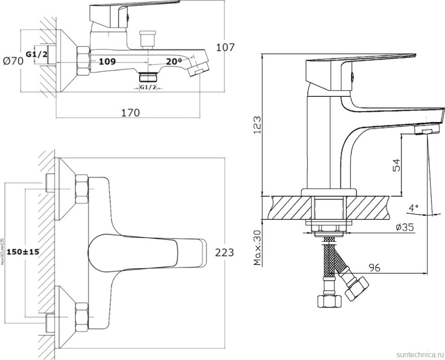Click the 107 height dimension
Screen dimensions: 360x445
coord(225,47)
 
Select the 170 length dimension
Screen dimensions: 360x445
coord(130,112)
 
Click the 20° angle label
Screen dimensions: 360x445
coord(173,61)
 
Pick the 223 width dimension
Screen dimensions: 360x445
coord(224,252)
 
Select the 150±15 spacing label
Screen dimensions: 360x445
coord(22,253)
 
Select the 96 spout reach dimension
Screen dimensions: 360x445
coord(375,268)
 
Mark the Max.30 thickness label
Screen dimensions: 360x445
coord(257,248)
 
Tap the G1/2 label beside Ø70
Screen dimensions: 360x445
coord(36,54)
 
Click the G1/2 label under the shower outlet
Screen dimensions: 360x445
coord(147,87)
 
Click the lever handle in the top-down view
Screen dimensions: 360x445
coord(147,252)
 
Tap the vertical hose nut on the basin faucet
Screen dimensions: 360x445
coord(329,301)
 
